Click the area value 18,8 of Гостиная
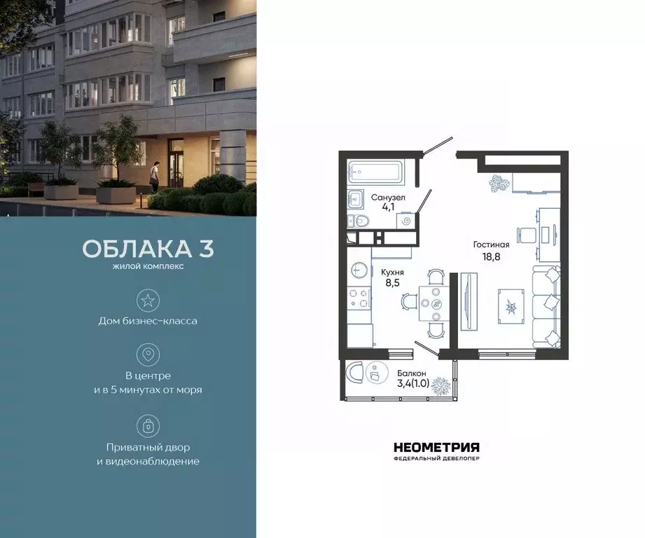pyautogui.click(x=490, y=257)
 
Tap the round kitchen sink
pyautogui.click(x=359, y=270)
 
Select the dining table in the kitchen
pyautogui.click(x=436, y=303)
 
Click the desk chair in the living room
pyautogui.click(x=526, y=234)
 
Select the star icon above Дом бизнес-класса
pyautogui.click(x=148, y=301)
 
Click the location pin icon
pyautogui.click(x=148, y=354)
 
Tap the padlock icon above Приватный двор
pyautogui.click(x=148, y=426)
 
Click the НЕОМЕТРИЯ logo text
pyautogui.click(x=436, y=447)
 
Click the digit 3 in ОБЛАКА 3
pyautogui.click(x=207, y=249)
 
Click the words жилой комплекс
pyautogui.click(x=148, y=267)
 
